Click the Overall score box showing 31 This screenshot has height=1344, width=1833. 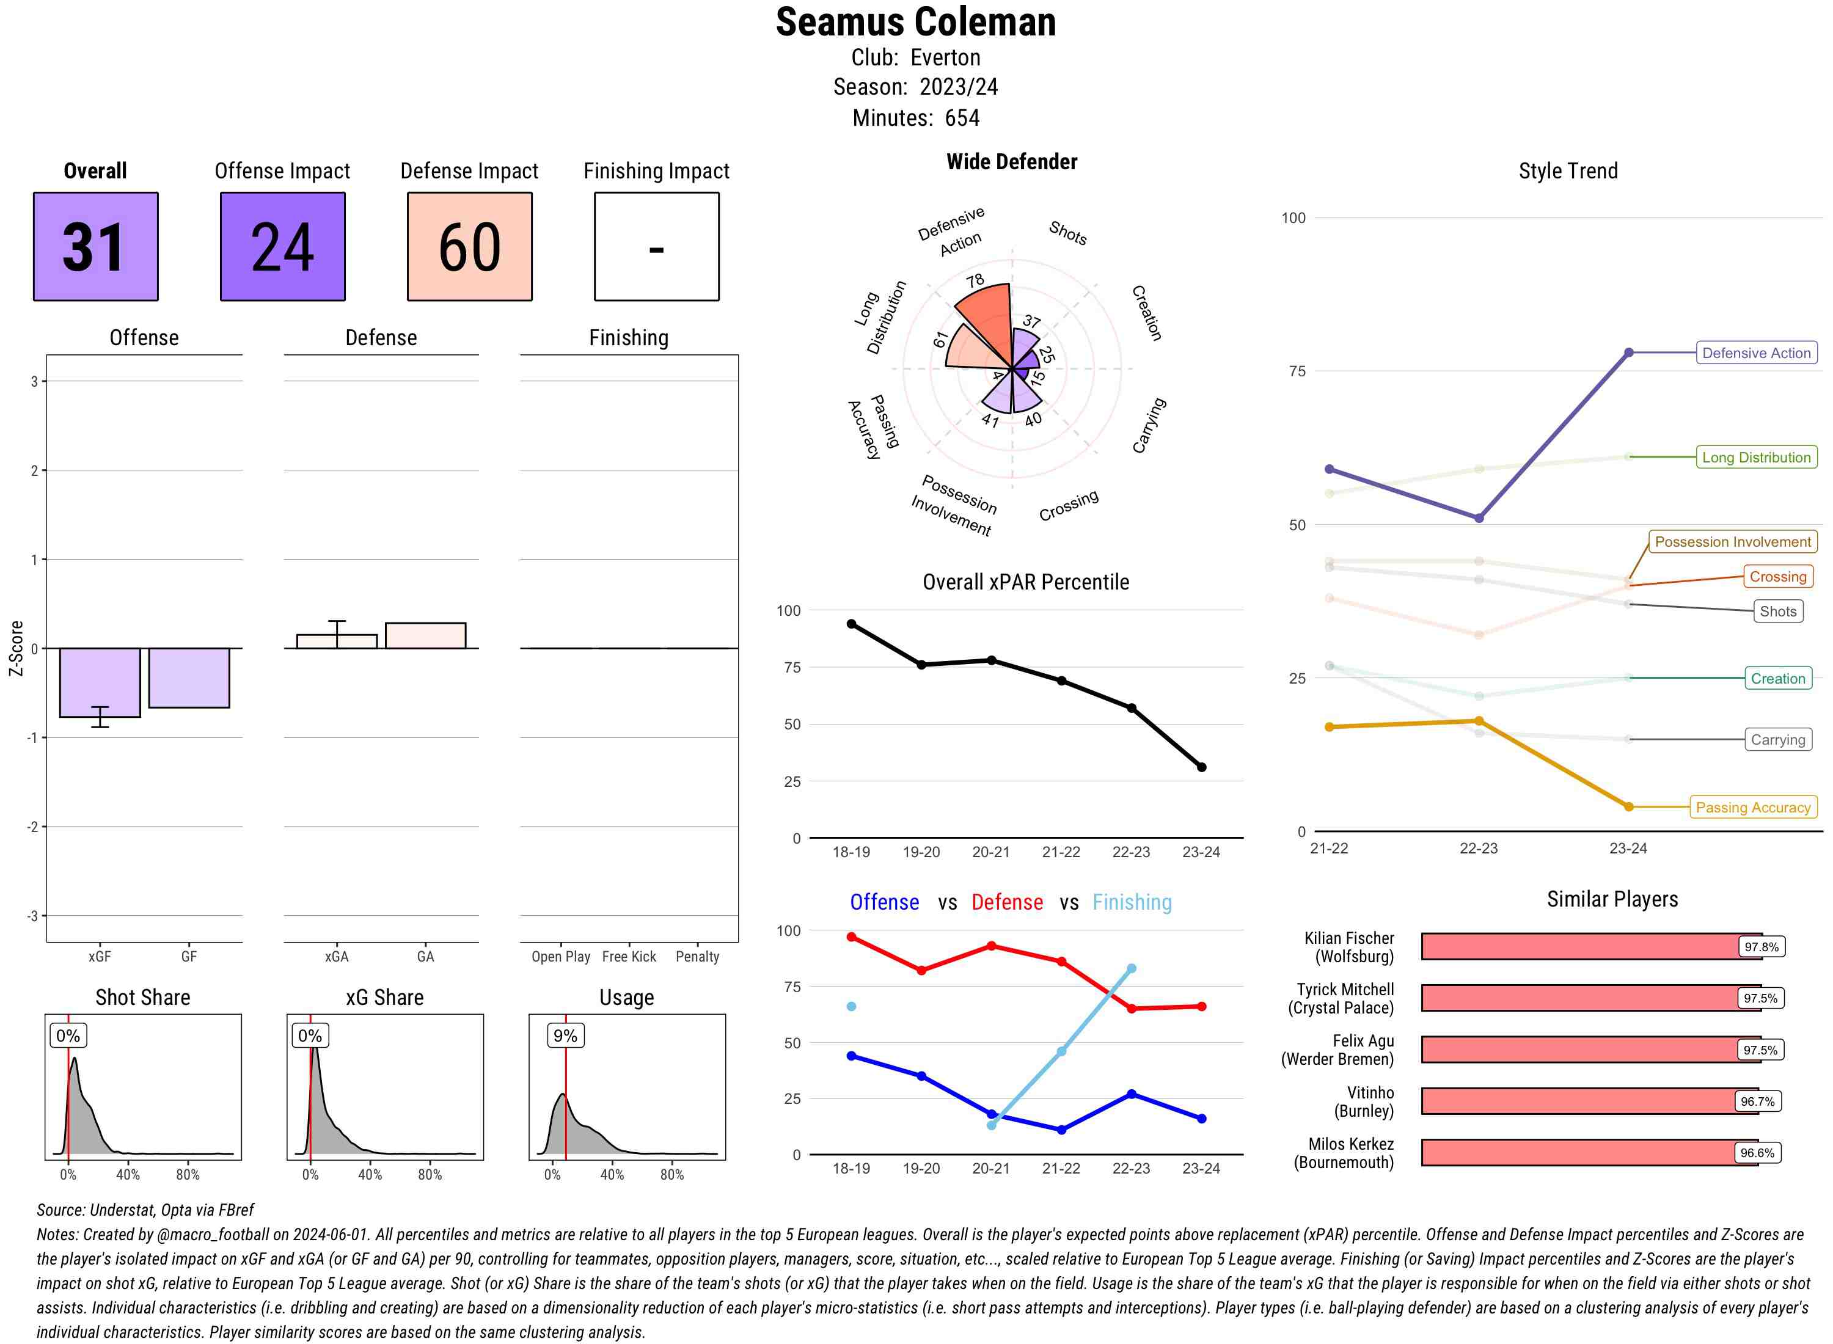pyautogui.click(x=95, y=247)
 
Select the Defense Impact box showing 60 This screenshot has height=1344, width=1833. pyautogui.click(x=469, y=247)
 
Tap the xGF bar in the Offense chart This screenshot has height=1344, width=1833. pyautogui.click(x=100, y=682)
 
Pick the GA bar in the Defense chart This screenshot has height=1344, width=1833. pyautogui.click(x=425, y=635)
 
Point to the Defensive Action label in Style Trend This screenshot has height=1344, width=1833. pyautogui.click(x=1756, y=353)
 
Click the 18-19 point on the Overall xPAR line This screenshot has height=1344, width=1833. pyautogui.click(x=851, y=624)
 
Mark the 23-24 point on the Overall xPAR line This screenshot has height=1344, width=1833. pyautogui.click(x=1202, y=767)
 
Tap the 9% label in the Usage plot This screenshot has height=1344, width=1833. pyautogui.click(x=565, y=1035)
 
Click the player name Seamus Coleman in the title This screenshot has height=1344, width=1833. pyautogui.click(x=915, y=22)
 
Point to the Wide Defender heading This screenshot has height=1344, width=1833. pyautogui.click(x=1011, y=162)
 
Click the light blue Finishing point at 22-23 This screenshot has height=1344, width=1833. pyautogui.click(x=1132, y=969)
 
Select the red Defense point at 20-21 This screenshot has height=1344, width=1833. pyautogui.click(x=991, y=946)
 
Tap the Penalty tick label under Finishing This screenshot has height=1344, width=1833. pyautogui.click(x=697, y=957)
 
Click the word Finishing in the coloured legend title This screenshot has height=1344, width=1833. pyautogui.click(x=1132, y=902)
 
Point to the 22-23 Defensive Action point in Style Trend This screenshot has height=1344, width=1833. pyautogui.click(x=1479, y=518)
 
